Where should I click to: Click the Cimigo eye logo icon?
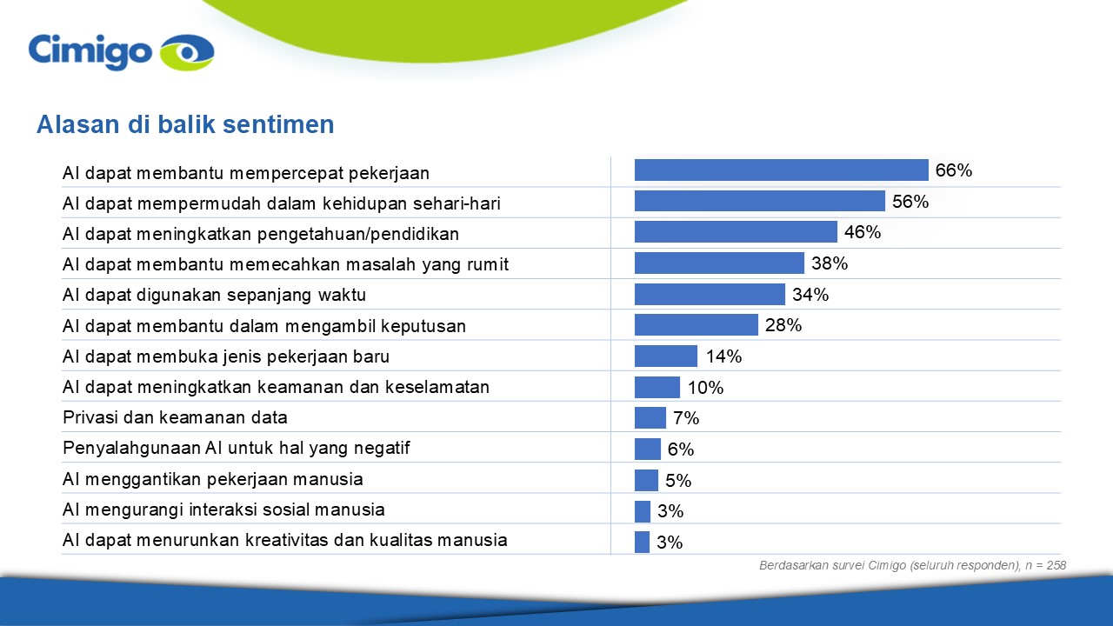point(187,52)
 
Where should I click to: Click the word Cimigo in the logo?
point(90,52)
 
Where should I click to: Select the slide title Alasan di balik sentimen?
point(185,124)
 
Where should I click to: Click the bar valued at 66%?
point(781,170)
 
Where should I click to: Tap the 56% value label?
point(910,201)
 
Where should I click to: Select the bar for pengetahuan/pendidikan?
point(736,232)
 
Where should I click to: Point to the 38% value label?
point(830,263)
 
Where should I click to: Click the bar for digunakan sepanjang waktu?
point(710,294)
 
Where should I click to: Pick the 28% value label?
point(783,325)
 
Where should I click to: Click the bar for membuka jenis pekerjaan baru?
point(666,356)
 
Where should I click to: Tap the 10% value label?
point(705,388)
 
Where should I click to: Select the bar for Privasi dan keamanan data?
point(650,418)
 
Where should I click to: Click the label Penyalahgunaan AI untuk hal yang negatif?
point(236,449)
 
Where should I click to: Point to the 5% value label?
point(678,481)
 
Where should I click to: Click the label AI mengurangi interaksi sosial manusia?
point(223,509)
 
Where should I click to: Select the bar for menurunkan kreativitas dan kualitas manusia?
point(642,542)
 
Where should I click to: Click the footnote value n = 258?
point(1045,565)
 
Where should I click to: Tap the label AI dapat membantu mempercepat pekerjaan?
point(246,173)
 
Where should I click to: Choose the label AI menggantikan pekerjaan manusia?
point(213,479)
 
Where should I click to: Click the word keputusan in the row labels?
point(423,326)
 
